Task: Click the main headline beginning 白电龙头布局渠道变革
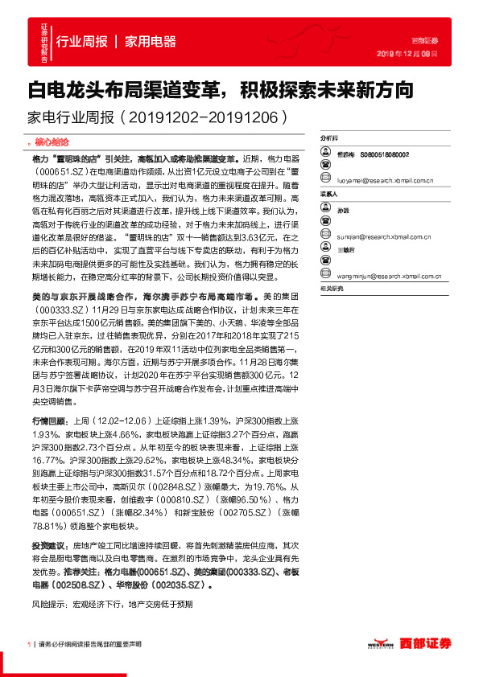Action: pyautogui.click(x=221, y=88)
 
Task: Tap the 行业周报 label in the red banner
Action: pyautogui.click(x=82, y=42)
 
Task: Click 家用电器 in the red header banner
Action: pyautogui.click(x=151, y=42)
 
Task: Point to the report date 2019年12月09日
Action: pyautogui.click(x=407, y=53)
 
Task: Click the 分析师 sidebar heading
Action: pyautogui.click(x=330, y=138)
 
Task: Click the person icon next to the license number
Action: pyautogui.click(x=326, y=153)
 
